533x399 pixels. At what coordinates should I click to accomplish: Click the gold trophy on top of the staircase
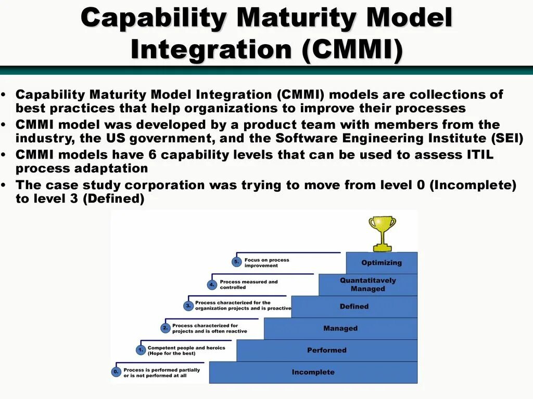[x=382, y=232]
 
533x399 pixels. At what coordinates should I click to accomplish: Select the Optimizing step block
[x=382, y=263]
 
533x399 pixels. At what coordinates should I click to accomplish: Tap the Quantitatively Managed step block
[x=368, y=285]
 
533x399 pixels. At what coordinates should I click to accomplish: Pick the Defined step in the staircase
[x=354, y=307]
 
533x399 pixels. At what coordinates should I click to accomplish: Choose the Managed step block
[x=340, y=328]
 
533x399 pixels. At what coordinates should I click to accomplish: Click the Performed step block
[x=327, y=350]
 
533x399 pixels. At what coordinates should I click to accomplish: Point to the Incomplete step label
[x=313, y=372]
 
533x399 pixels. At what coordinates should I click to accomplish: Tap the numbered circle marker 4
[x=211, y=284]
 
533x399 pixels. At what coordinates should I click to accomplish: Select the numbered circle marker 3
[x=188, y=306]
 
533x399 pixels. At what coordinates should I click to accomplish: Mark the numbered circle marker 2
[x=165, y=328]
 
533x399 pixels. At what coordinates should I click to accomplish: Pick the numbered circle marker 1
[x=140, y=350]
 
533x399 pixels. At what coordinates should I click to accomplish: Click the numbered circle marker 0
[x=116, y=372]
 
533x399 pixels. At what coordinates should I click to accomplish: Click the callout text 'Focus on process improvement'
[x=266, y=263]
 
